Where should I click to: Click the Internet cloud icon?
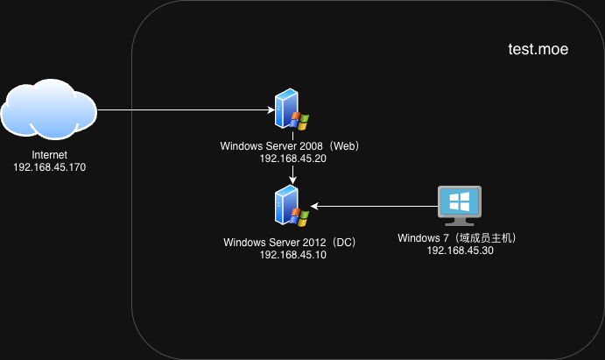tap(48, 111)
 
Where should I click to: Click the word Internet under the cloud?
tap(50, 155)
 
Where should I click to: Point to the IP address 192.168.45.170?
tap(50, 166)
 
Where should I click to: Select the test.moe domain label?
tap(538, 50)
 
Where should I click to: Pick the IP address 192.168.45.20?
tap(292, 159)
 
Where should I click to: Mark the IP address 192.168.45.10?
tap(292, 255)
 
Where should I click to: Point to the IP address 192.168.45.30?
tap(460, 250)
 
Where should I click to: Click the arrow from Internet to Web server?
tap(184, 110)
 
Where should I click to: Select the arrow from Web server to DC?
tap(292, 173)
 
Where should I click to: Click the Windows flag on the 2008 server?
tap(299, 121)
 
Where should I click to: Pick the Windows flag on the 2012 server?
tap(299, 217)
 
